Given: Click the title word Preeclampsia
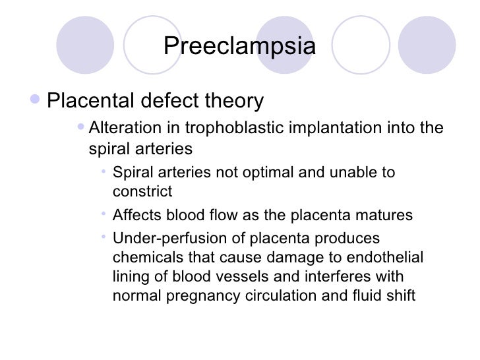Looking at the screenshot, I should [239, 47].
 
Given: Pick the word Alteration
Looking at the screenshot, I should [122, 127].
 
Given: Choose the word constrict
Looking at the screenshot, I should [142, 192].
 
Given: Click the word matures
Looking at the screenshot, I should [388, 216].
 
